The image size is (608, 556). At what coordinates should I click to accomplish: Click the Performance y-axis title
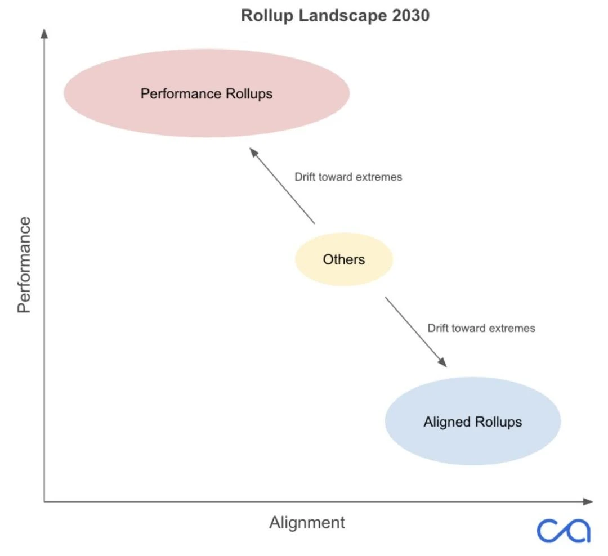click(x=24, y=265)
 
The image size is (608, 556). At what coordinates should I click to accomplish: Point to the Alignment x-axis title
click(x=307, y=522)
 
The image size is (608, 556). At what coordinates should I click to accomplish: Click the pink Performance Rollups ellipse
click(x=207, y=113)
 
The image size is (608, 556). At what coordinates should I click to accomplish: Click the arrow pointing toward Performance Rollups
click(x=282, y=185)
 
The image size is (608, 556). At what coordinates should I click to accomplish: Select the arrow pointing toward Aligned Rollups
click(x=415, y=332)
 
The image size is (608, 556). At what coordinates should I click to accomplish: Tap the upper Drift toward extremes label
click(x=348, y=177)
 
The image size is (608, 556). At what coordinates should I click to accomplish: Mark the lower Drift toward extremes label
click(x=481, y=328)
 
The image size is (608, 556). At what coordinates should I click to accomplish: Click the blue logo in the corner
click(x=564, y=530)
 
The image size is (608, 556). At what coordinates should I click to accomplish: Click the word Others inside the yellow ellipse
click(x=343, y=259)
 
